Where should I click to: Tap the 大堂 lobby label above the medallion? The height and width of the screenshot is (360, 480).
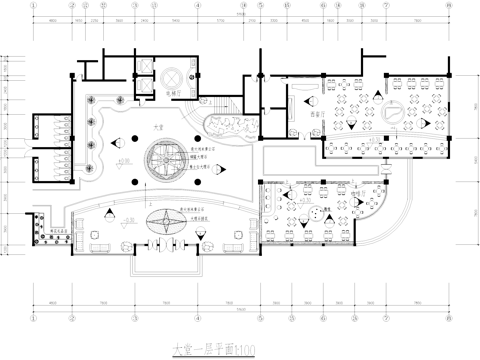(158, 128)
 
